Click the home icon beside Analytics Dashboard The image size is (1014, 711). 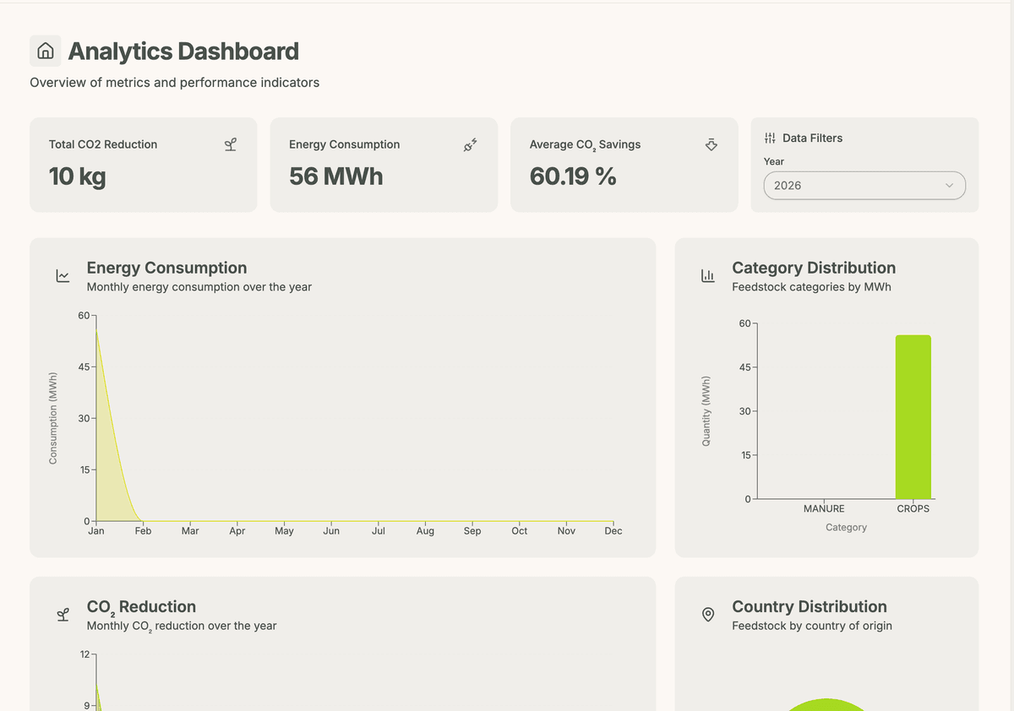tap(46, 51)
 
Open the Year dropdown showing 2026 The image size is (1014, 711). tap(864, 186)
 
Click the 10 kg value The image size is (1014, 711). tap(78, 176)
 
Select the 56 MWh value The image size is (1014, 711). tap(335, 176)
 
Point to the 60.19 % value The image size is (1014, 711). tap(572, 176)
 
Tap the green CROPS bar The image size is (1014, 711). tap(913, 417)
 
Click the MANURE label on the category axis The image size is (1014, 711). tap(823, 508)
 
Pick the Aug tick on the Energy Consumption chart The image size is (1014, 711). tap(425, 531)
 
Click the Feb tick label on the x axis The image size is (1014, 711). tap(144, 531)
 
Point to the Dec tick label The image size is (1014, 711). tap(613, 531)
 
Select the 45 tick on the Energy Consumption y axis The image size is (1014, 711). tap(84, 367)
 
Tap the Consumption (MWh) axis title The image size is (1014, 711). tap(53, 417)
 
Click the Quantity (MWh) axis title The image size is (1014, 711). tap(706, 410)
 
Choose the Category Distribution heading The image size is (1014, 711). tap(813, 268)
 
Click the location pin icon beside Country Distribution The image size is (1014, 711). tap(708, 614)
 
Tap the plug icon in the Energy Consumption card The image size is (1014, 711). tap(471, 144)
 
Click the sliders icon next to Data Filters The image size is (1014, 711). tap(770, 138)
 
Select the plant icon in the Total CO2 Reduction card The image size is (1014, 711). tap(230, 144)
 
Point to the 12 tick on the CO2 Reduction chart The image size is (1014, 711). tap(85, 654)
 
